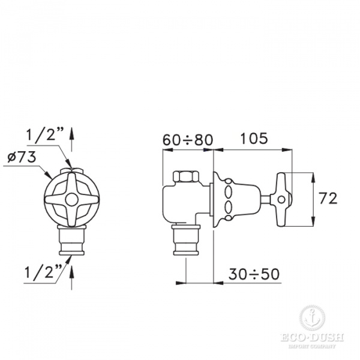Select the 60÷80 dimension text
(188, 140)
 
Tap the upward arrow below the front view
(73, 275)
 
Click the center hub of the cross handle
(72, 200)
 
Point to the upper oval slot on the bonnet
(229, 192)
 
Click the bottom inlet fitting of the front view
(72, 241)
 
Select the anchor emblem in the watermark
(310, 317)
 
